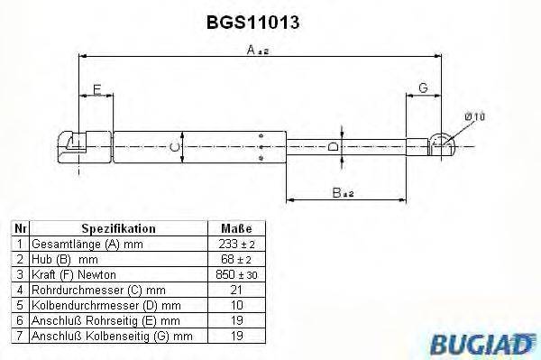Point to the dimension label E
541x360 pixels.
click(x=96, y=88)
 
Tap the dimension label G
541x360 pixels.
click(x=422, y=88)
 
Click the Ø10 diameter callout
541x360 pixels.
click(x=475, y=116)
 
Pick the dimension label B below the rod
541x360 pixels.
click(x=337, y=191)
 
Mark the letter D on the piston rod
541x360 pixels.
click(x=334, y=146)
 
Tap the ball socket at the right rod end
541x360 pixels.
click(x=440, y=143)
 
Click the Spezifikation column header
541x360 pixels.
click(x=118, y=229)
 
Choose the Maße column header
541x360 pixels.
click(x=235, y=229)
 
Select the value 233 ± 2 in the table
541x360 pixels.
click(x=235, y=245)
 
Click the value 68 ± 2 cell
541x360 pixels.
click(x=235, y=259)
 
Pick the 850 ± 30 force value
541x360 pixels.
click(x=235, y=274)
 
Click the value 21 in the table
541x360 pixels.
click(x=235, y=290)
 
